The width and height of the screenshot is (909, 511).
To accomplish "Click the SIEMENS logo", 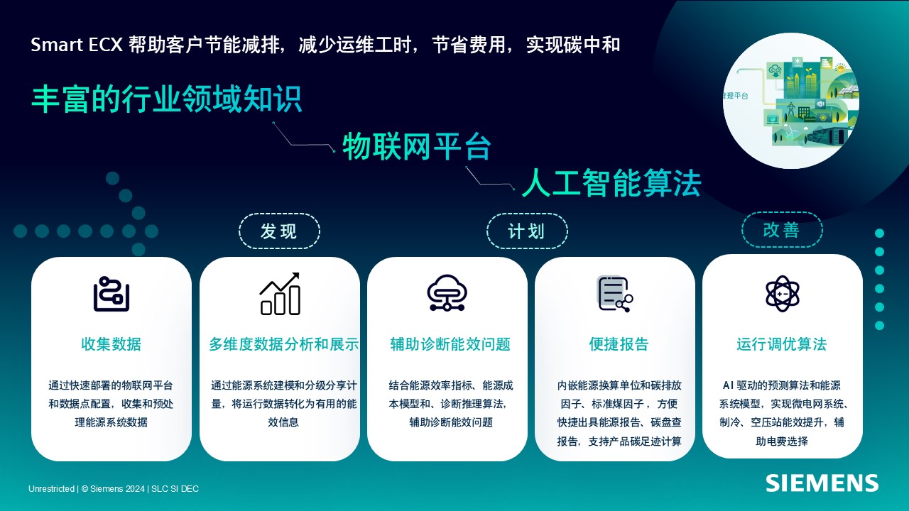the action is click(822, 483).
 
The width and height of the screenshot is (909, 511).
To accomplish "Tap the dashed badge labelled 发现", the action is click(280, 231).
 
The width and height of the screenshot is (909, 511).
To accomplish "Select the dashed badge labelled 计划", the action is click(527, 231).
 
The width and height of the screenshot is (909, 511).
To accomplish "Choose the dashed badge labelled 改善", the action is click(782, 230).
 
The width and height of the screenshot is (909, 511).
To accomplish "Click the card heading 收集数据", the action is click(111, 344).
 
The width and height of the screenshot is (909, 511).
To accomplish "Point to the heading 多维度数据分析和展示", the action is click(283, 344).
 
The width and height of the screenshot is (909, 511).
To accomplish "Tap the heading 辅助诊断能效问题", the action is click(450, 344).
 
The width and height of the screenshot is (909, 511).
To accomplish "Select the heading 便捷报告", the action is click(619, 344).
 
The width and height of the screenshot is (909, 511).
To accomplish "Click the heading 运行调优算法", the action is click(782, 344).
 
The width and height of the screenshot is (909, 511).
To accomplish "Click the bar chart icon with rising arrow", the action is click(280, 294).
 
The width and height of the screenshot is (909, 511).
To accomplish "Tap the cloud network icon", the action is click(447, 293).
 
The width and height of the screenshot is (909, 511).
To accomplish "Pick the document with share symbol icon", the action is click(615, 294).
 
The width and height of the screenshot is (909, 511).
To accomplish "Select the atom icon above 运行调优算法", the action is click(783, 294).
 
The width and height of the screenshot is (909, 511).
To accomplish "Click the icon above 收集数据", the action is click(111, 294).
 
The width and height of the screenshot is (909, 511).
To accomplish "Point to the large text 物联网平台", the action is click(417, 146).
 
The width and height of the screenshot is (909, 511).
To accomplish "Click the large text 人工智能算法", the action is click(611, 183).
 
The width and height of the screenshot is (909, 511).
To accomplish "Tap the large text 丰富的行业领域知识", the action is click(167, 99).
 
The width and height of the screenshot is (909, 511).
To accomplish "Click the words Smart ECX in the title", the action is click(77, 45).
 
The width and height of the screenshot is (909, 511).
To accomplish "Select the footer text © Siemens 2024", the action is click(113, 489).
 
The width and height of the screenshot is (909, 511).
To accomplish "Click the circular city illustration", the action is click(791, 101).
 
